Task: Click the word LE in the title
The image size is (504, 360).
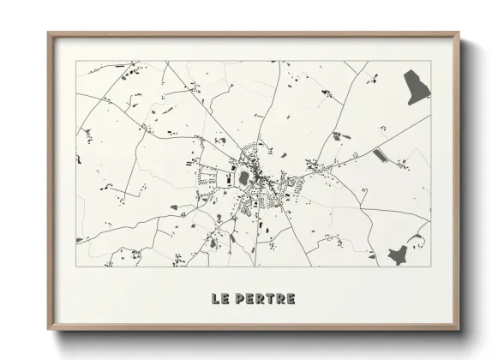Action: pos(219,299)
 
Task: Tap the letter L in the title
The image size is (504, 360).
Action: pos(215,299)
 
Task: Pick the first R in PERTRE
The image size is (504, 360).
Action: pos(258,299)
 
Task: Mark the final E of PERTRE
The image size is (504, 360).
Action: pos(291,299)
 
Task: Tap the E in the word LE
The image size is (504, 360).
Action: pos(225,299)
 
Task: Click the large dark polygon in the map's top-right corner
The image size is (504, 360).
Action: pos(417,87)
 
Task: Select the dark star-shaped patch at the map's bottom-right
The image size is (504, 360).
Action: pos(398,255)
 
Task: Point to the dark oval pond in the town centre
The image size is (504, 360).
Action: pos(243,178)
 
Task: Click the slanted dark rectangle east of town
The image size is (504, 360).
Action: pos(381,155)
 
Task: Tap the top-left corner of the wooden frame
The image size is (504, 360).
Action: pos(48,33)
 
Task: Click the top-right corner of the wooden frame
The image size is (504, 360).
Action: pos(459,33)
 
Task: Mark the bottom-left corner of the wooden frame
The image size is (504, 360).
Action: pos(48,330)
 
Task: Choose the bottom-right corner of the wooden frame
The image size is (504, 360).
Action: pos(459,330)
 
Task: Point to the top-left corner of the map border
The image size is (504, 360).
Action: pos(75,61)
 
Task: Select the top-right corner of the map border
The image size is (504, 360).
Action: pos(430,61)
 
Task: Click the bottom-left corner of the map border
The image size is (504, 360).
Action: pos(75,267)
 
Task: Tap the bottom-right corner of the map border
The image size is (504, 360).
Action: pos(430,267)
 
